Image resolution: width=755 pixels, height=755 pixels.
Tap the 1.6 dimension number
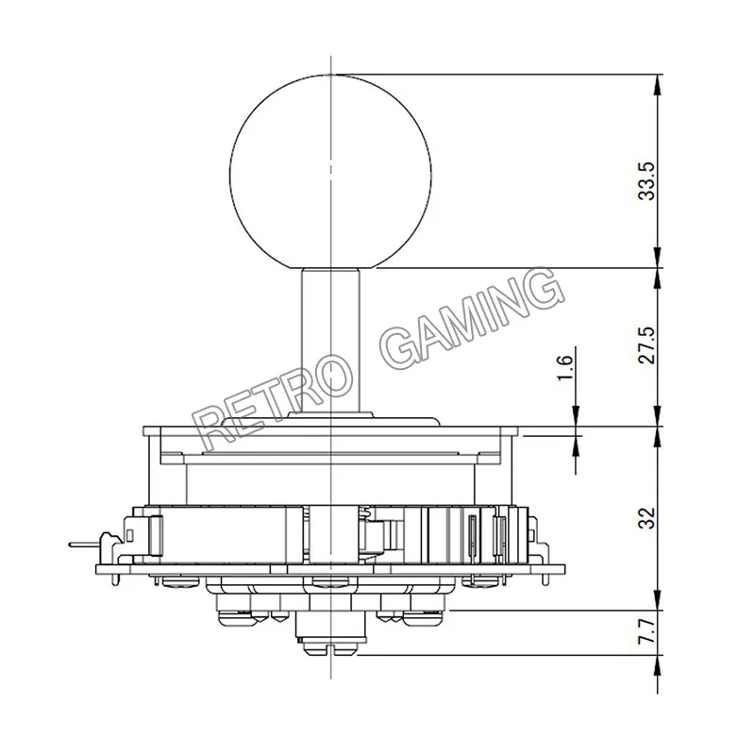564,367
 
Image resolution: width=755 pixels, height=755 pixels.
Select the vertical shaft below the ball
331,341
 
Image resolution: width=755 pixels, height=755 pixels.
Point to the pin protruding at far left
85,545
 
